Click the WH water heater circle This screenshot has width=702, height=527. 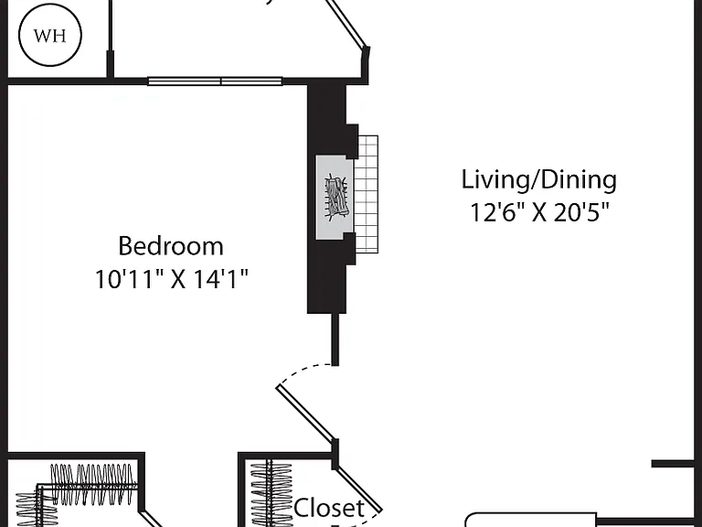(50, 35)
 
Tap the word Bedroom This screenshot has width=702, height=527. (171, 246)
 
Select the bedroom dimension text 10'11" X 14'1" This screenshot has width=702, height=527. (172, 279)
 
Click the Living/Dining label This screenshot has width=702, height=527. (539, 180)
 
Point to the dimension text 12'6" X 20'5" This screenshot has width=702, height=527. (540, 212)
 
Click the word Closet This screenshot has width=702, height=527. (329, 508)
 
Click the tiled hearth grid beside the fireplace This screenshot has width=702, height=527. (367, 195)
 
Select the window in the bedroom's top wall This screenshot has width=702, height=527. (215, 81)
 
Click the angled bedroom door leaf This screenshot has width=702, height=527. (306, 414)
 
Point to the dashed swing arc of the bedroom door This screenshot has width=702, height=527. (304, 371)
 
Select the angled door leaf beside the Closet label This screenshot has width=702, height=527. (359, 489)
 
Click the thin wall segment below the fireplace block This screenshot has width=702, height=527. (335, 339)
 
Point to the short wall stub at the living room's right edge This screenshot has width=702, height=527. (673, 464)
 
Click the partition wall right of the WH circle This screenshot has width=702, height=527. (110, 40)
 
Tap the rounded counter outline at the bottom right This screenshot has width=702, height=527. (531, 520)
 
